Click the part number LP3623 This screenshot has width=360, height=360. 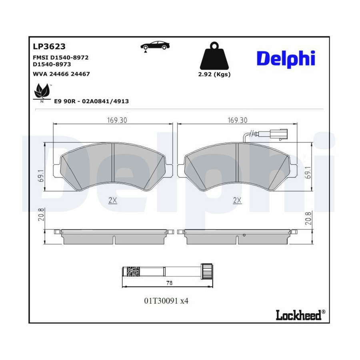pyautogui.click(x=49, y=47)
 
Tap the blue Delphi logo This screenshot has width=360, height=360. pyautogui.click(x=286, y=59)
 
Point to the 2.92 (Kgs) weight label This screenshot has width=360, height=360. pyautogui.click(x=214, y=74)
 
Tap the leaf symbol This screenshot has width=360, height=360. pyautogui.click(x=42, y=92)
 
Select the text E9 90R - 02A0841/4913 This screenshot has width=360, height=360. pyautogui.click(x=91, y=101)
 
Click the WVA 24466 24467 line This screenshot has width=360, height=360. pyautogui.click(x=61, y=74)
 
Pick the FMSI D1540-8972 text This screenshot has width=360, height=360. pyautogui.click(x=61, y=57)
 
